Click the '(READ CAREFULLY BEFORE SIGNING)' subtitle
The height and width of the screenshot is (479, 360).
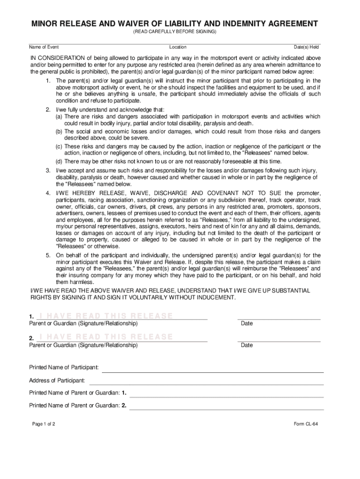click(x=174, y=31)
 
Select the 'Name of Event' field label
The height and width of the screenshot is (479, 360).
click(x=44, y=47)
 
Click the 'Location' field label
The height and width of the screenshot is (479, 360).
click(x=178, y=47)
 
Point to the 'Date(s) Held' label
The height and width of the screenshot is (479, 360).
click(x=306, y=47)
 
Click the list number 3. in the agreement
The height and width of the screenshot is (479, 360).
click(x=48, y=170)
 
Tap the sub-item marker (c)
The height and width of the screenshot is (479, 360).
click(x=60, y=146)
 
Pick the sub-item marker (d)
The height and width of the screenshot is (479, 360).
click(x=60, y=161)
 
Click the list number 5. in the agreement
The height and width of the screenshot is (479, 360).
click(x=48, y=255)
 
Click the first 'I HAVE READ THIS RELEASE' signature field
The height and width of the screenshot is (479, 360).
click(x=106, y=316)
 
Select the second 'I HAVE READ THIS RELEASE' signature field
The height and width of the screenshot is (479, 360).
click(x=106, y=337)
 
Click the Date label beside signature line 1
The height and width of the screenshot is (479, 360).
click(x=246, y=324)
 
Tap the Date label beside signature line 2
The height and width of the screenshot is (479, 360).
click(x=246, y=345)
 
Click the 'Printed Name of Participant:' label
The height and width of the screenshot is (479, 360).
click(x=64, y=367)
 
